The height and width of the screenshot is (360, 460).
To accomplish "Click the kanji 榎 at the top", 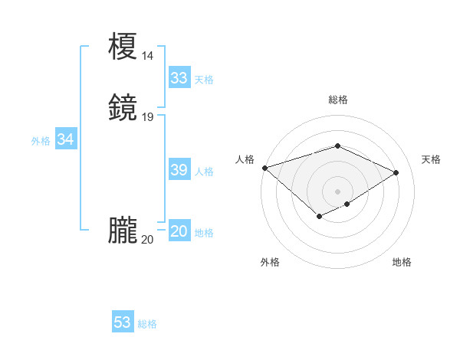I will pos(123,47).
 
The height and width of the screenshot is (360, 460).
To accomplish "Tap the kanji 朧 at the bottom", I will pos(123,231).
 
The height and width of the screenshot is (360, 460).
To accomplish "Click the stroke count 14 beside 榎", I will pos(148,56).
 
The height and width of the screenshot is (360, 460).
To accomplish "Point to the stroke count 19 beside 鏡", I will pos(148,117).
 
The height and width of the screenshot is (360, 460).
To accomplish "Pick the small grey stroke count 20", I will pos(148,240).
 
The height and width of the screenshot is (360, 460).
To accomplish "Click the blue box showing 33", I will pos(179,78).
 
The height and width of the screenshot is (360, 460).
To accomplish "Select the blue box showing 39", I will pos(179,170).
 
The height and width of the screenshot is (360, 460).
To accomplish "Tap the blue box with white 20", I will pos(179,231).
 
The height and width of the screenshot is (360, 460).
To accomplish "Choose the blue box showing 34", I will pos(65,139).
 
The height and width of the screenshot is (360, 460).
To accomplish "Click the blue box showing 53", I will pos(123,322).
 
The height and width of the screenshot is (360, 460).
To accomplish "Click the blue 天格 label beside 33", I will pos(204,80).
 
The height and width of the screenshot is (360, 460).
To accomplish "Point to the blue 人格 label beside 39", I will pos(204,172).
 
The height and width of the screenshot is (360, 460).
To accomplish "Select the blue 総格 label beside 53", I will pos(147,324).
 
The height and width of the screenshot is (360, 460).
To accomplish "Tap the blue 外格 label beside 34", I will pos(41,141).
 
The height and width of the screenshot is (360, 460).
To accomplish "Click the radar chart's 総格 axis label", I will pos(337,100).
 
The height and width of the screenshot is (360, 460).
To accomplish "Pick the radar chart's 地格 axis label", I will pos(402,262).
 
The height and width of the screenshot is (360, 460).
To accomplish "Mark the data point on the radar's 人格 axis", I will pos(264,168).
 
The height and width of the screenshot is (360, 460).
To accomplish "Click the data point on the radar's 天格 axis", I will pos(396,172).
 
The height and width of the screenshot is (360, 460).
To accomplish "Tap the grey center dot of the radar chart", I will pos(337,191).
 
